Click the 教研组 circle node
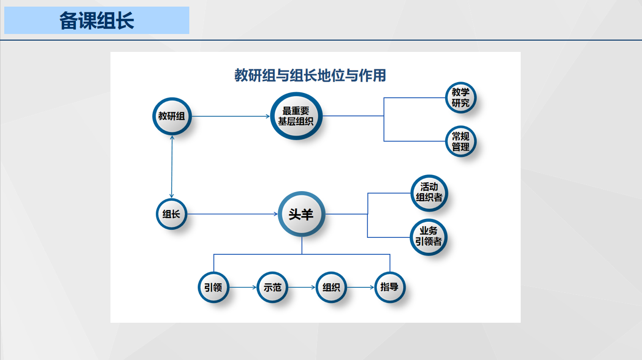172,116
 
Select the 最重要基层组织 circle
296,116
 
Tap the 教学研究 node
461,98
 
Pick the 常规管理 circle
461,141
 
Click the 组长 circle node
171,214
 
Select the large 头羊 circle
302,214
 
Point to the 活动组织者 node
429,193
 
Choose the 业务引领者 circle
429,237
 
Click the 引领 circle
213,287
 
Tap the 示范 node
272,287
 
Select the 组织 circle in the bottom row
331,287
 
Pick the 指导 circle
390,287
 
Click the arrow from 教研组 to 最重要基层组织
231,116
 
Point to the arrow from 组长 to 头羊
232,214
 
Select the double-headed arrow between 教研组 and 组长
172,167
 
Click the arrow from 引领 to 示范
243,287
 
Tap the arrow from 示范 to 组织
302,287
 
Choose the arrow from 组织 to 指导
361,287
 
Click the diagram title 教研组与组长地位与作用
310,75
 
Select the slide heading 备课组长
97,21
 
